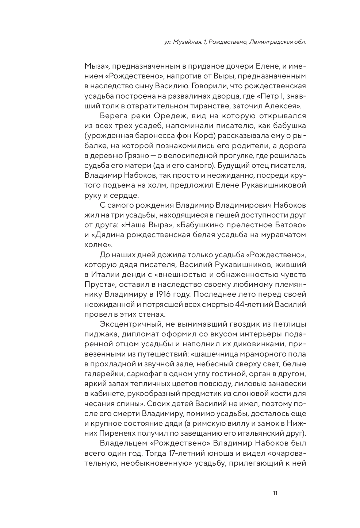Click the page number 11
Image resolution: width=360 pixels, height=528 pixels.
coord(275,494)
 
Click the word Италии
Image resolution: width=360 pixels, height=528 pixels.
coord(103,274)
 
